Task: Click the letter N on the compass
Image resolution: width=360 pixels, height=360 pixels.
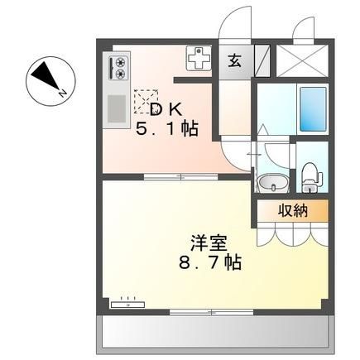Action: click(63, 94)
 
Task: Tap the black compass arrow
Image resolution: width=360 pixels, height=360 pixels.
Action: click(46, 75)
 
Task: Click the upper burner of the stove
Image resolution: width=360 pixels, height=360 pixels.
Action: click(120, 62)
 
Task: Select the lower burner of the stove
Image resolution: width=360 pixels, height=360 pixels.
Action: click(120, 74)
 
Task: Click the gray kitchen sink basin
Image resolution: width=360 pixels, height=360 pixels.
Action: click(117, 108)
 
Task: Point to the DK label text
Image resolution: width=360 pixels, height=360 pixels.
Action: click(166, 109)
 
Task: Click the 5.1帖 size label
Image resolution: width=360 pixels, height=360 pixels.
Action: click(167, 128)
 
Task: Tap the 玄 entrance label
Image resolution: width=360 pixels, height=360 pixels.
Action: click(235, 61)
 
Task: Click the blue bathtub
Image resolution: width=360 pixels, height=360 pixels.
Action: click(313, 109)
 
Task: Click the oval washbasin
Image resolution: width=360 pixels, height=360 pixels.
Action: click(273, 184)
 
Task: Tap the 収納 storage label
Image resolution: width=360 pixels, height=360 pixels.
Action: click(292, 211)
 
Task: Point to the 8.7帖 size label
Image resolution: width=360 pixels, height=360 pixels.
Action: click(210, 262)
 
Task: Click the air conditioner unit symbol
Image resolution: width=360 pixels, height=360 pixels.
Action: click(127, 305)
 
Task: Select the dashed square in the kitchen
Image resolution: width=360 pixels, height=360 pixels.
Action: click(146, 102)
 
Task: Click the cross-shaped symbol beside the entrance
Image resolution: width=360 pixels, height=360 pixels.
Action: click(199, 58)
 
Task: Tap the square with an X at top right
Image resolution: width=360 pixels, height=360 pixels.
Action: click(302, 60)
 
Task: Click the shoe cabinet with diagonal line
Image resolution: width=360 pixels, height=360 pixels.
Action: click(262, 60)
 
